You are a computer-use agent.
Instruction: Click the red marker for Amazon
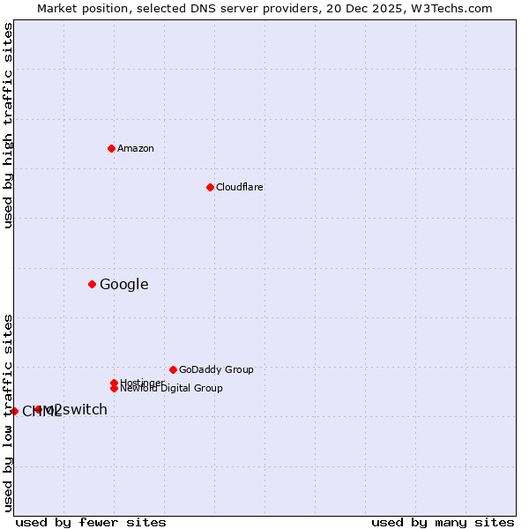(111, 148)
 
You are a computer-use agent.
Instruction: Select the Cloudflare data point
(210, 187)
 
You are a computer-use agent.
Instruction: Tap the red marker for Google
(92, 284)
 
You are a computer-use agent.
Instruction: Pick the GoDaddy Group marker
(173, 369)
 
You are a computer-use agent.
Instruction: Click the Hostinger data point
(114, 383)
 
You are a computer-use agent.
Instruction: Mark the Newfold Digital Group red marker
(114, 388)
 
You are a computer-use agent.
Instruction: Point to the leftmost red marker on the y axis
(14, 411)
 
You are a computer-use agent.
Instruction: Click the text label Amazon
(135, 148)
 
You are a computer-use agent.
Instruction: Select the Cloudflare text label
(239, 187)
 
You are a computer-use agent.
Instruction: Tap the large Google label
(123, 284)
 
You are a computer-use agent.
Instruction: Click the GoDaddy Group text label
(216, 369)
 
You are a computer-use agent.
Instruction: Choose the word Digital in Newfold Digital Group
(174, 388)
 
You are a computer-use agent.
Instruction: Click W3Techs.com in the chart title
(450, 8)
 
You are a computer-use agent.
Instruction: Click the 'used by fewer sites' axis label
(91, 522)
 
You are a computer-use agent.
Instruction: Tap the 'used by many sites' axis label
(443, 522)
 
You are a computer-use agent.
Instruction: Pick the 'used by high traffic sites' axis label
(8, 125)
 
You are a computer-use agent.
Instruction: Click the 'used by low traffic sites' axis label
(8, 413)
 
